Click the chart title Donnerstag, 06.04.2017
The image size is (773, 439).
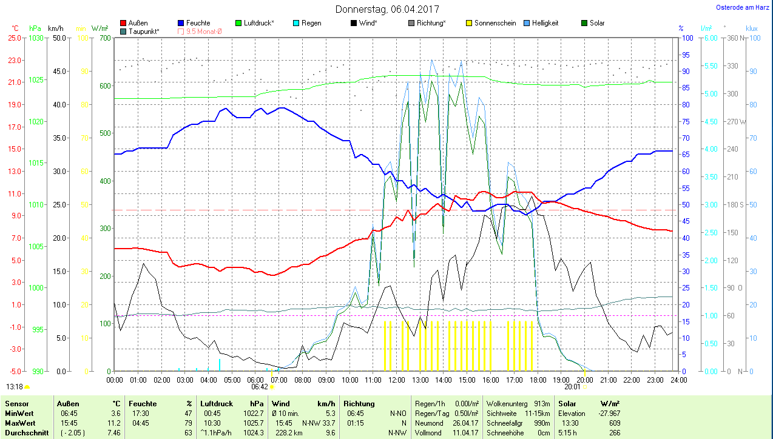(x=387, y=10)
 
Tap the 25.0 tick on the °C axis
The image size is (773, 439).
(x=15, y=38)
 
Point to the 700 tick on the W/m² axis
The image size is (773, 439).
(x=105, y=38)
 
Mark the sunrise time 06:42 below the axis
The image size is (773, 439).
(x=260, y=386)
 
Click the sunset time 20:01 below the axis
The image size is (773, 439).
(x=572, y=386)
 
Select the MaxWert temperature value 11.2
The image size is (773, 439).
(x=115, y=422)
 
